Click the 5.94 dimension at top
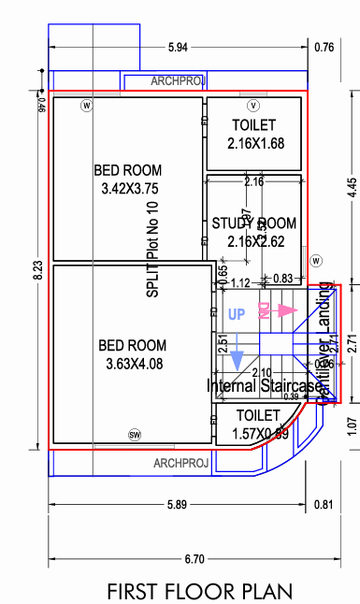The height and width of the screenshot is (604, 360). pos(178,47)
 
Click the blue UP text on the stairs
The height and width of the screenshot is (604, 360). pos(238,314)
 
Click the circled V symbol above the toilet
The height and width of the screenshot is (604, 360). pos(253,104)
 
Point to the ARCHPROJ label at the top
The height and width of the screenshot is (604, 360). pos(178,81)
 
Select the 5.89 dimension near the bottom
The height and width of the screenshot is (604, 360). pos(178,505)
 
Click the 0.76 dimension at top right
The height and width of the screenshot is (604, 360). pos(324,47)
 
